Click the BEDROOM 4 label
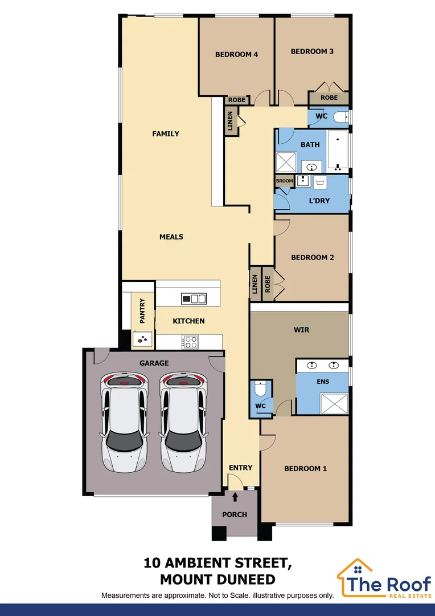point(236,55)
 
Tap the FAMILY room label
point(166,134)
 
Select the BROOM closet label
point(284,181)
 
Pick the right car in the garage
point(183,422)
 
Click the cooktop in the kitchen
point(190,342)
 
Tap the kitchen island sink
point(194,298)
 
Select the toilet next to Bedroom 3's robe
point(340,117)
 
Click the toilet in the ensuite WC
point(261,389)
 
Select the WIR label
point(301,330)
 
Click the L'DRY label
point(319,201)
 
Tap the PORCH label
point(235,514)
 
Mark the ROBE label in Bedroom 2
point(266,283)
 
